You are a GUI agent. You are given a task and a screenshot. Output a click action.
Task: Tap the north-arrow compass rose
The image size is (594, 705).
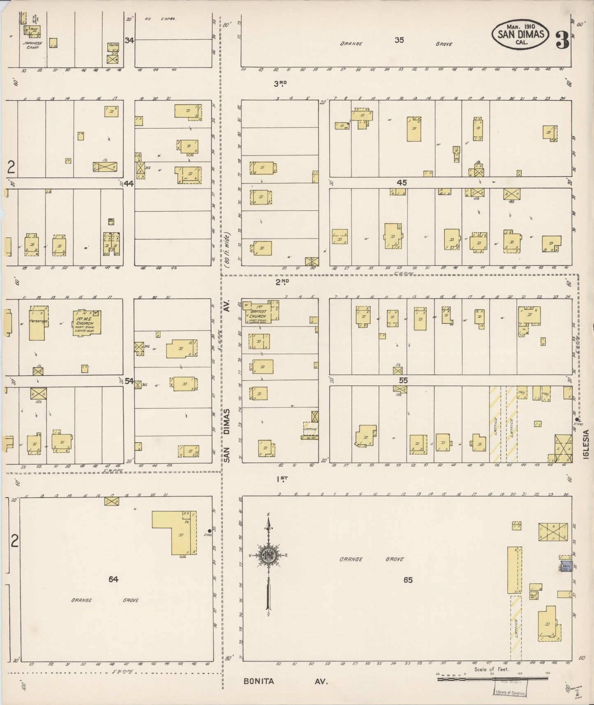268,556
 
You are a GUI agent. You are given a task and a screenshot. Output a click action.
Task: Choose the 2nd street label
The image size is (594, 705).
282,282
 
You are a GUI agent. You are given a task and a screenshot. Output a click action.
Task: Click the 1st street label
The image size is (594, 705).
282,479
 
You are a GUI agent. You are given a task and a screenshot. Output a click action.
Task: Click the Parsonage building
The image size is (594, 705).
38,323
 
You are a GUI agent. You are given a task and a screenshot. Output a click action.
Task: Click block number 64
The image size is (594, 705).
113,579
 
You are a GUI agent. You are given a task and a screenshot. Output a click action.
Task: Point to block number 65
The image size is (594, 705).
407,580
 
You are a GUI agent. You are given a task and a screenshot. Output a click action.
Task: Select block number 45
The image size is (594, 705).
402,182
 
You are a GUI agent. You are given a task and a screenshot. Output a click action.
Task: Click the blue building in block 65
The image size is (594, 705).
566,566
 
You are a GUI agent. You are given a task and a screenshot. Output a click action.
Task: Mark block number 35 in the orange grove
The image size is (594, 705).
399,40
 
